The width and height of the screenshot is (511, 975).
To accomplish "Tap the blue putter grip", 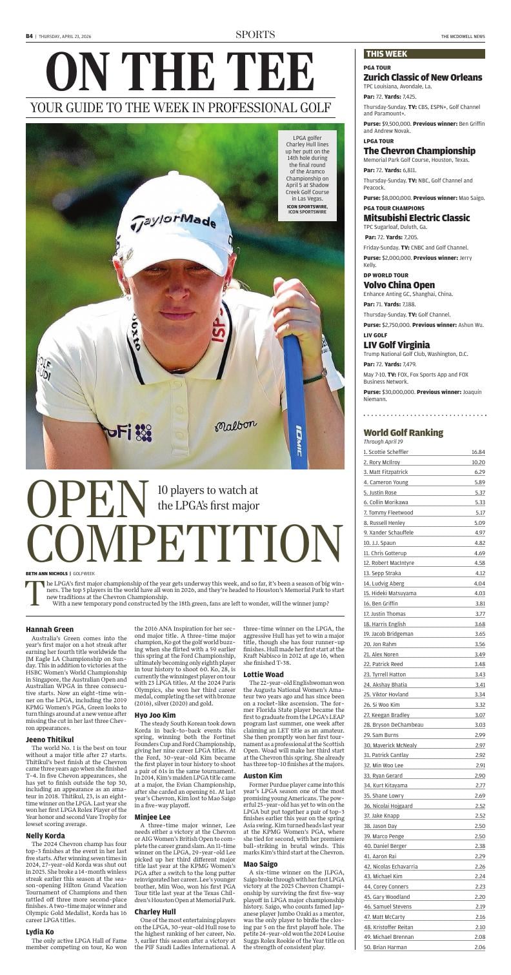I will pyautogui.click(x=296, y=400).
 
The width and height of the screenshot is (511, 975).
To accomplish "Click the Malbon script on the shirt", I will pyautogui.click(x=235, y=426).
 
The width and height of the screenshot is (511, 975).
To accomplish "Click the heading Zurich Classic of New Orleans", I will pyautogui.click(x=423, y=77).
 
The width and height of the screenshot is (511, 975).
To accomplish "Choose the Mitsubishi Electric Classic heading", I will pyautogui.click(x=417, y=218).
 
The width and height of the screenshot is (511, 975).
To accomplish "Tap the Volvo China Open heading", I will pyautogui.click(x=399, y=285).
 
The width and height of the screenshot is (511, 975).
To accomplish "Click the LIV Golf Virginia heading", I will pyautogui.click(x=397, y=345).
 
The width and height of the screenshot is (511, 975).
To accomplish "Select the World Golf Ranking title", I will pyautogui.click(x=403, y=432).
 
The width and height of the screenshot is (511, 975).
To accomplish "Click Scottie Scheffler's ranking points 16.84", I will pyautogui.click(x=477, y=452).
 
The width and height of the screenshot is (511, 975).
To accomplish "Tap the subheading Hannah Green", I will pyautogui.click(x=50, y=629).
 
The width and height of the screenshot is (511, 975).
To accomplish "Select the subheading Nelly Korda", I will pyautogui.click(x=45, y=835).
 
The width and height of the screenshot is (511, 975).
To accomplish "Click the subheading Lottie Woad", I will pyautogui.click(x=264, y=675).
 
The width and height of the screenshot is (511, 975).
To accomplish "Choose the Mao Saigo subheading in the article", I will pyautogui.click(x=261, y=863).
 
